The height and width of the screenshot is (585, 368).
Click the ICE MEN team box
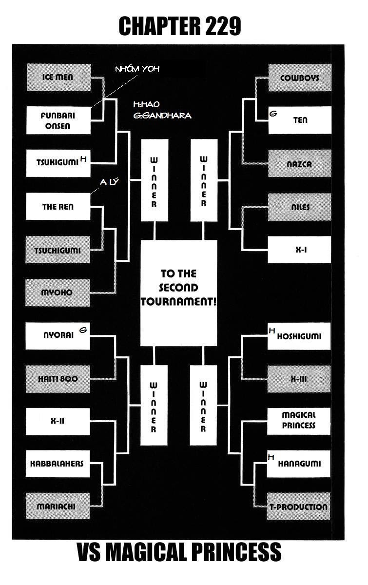(58, 78)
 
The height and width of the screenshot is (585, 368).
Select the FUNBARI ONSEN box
(58, 120)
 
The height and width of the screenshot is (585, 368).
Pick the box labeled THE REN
(58, 207)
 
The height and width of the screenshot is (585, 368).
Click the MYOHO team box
(58, 292)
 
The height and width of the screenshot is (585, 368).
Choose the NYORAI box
(58, 335)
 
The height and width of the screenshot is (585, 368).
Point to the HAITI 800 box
(58, 378)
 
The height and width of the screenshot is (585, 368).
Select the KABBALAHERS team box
(58, 464)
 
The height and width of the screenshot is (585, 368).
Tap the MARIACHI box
(58, 507)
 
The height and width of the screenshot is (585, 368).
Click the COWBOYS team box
(299, 78)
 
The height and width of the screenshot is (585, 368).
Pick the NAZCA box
(299, 164)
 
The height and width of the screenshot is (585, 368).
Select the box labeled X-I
(299, 250)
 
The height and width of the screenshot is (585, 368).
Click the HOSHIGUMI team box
(299, 336)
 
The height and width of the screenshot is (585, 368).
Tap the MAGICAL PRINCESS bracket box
(299, 420)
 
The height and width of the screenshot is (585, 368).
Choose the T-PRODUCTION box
(298, 507)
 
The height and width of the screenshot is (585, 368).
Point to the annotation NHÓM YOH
(137, 69)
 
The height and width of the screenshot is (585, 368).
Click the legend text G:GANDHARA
(162, 116)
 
